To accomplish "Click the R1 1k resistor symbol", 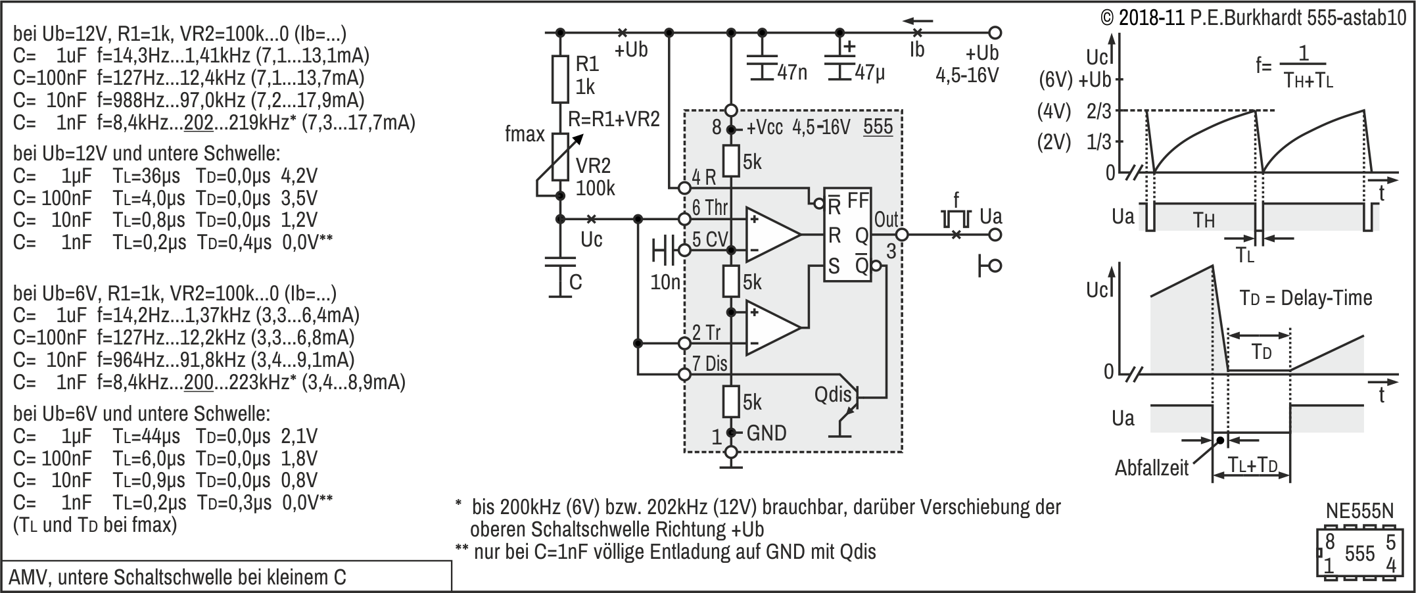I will [559, 79].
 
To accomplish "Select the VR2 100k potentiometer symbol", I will [559, 157].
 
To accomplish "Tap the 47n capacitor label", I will [792, 72].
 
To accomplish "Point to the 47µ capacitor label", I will [869, 72].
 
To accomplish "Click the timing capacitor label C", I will [575, 282].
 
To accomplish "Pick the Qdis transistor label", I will [832, 394].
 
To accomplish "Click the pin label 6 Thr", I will [710, 208].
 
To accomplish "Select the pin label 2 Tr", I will [706, 333].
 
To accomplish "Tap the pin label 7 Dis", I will [710, 364].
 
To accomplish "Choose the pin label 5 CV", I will [710, 239].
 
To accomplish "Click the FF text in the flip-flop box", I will [858, 201].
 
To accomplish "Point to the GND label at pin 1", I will [767, 433].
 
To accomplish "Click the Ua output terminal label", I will [991, 216].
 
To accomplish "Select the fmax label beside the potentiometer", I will [525, 134].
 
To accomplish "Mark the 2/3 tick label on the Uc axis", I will [1098, 110].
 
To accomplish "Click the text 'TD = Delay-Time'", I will [1306, 298].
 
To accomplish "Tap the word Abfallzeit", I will [1152, 468].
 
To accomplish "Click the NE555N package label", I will [1359, 511].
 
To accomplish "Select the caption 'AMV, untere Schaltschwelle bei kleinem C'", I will [177, 577].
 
